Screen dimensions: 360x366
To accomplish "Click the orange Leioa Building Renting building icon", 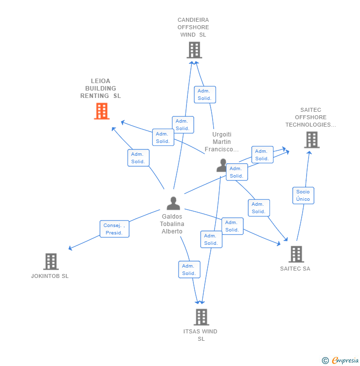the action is (101, 111).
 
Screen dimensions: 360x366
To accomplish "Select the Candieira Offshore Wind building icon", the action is (194, 50).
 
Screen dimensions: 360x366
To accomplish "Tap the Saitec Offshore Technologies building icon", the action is (312, 140).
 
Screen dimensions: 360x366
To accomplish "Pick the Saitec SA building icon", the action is (296, 254).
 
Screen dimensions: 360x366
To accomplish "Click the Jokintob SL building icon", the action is (50, 262).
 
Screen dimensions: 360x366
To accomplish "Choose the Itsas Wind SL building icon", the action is (201, 317).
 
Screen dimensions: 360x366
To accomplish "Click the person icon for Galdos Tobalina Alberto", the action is (173, 203).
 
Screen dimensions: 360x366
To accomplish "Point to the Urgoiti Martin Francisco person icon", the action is (222, 165).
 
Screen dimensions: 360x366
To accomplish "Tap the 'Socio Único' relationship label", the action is (303, 195).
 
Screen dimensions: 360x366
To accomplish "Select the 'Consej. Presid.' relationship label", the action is (114, 229).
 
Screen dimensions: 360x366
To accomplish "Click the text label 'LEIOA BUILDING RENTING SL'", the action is (101, 89).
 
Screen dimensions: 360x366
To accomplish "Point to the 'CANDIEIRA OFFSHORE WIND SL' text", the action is (193, 27).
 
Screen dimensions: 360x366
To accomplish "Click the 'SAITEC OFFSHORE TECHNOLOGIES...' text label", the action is (311, 117).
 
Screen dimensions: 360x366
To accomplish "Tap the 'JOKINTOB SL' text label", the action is (50, 276).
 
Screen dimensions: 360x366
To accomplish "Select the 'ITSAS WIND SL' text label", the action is (201, 335).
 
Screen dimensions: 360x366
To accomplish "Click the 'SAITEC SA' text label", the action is (295, 269).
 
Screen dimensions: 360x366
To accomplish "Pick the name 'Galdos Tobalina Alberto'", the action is (172, 224).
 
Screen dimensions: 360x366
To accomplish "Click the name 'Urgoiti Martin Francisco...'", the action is (222, 142).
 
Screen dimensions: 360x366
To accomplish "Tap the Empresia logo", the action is (345, 361).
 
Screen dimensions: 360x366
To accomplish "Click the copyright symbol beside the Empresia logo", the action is (325, 361).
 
